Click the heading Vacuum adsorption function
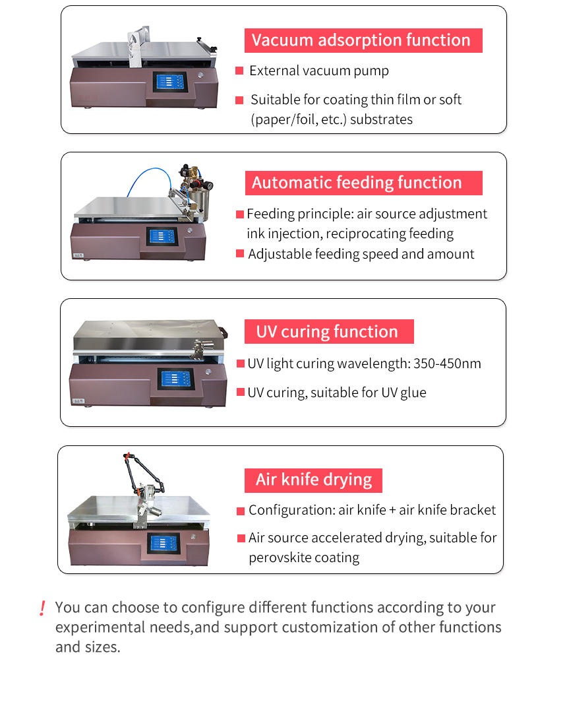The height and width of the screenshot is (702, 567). [361, 40]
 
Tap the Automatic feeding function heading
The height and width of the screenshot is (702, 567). [357, 183]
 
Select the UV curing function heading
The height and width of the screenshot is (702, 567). [327, 331]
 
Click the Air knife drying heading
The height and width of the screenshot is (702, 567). [314, 480]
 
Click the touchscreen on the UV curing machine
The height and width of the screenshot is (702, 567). [175, 378]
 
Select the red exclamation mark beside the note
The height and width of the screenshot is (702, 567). [42, 608]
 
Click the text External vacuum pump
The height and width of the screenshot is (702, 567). [319, 71]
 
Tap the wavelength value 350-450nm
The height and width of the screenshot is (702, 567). [447, 364]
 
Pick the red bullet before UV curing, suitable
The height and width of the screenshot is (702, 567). [241, 393]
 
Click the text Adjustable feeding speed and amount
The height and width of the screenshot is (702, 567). [361, 254]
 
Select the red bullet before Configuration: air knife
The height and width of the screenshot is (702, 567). [241, 511]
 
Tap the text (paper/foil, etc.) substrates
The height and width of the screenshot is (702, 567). [332, 119]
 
